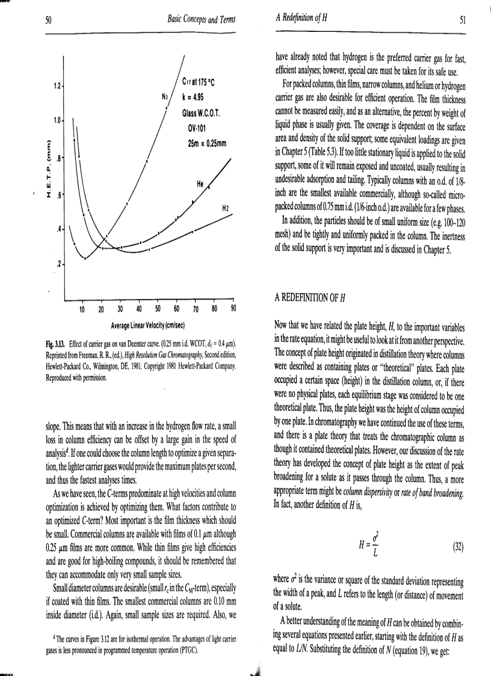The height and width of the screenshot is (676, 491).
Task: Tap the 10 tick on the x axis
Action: click(x=82, y=310)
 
